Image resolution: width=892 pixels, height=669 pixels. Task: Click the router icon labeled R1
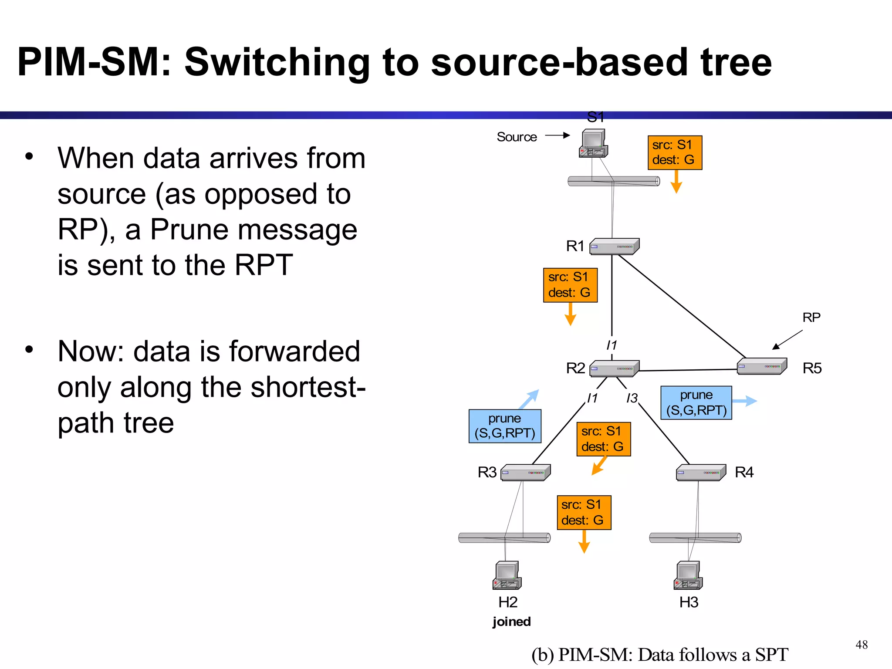point(614,246)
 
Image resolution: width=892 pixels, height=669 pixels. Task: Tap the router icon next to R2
point(614,368)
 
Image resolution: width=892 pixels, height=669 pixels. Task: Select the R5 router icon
point(762,366)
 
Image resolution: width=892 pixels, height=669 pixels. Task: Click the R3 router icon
point(525,473)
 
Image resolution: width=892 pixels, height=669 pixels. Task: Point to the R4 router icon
point(701,473)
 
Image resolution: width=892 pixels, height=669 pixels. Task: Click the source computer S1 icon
point(593,143)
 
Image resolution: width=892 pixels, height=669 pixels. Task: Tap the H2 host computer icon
point(507,575)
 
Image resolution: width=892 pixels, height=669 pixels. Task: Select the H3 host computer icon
point(688,575)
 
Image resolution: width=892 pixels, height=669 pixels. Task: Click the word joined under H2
point(511,622)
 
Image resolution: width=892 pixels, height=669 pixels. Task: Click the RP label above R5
point(811,317)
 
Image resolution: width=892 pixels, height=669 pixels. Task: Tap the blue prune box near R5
point(696,402)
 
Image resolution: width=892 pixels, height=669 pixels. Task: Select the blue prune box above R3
point(505,426)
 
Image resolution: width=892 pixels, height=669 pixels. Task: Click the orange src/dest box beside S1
point(675,152)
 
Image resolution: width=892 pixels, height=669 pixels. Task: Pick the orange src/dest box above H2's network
point(584,513)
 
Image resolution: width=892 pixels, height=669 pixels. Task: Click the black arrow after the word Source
point(557,135)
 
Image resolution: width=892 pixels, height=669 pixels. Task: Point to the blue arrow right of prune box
point(745,401)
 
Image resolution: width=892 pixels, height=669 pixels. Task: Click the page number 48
point(861,645)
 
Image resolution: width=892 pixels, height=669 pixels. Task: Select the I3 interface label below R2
point(632,398)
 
